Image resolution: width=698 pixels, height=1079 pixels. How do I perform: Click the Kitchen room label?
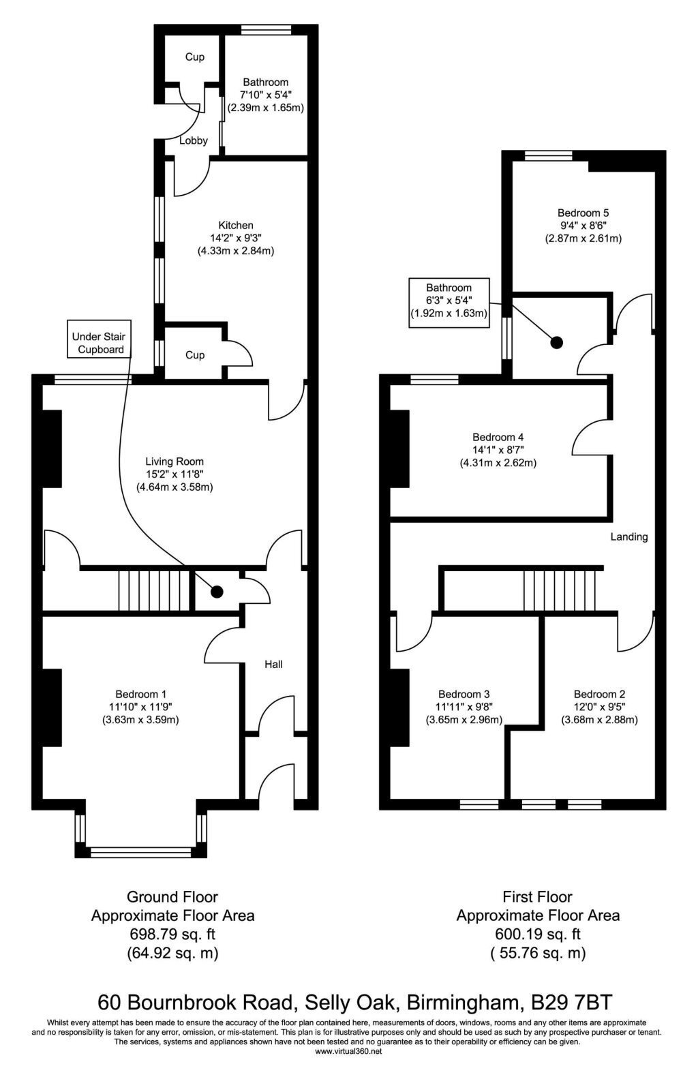[236, 225]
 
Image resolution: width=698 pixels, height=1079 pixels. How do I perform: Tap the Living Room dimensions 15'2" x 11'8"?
[174, 474]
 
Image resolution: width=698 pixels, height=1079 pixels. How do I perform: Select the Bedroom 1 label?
[140, 694]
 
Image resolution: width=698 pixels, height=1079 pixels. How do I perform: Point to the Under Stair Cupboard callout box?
[99, 339]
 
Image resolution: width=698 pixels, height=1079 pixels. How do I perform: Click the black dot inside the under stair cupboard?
[217, 592]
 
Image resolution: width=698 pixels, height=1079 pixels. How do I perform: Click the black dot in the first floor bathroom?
[557, 342]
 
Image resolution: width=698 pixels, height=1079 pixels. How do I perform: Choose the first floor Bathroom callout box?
[449, 303]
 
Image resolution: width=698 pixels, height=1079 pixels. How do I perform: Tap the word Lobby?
[193, 140]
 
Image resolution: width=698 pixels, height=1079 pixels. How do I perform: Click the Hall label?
[273, 665]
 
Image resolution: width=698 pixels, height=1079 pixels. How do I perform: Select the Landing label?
[629, 536]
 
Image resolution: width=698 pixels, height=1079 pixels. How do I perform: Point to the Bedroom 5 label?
[583, 213]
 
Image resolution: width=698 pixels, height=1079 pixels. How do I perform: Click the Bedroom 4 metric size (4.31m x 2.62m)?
[498, 463]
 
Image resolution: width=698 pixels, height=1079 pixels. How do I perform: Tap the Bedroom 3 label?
[464, 694]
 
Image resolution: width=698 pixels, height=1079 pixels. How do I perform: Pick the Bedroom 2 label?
[599, 694]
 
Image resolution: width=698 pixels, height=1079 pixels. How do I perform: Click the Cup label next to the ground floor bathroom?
[195, 57]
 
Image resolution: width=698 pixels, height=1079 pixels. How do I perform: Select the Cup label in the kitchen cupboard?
[195, 355]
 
